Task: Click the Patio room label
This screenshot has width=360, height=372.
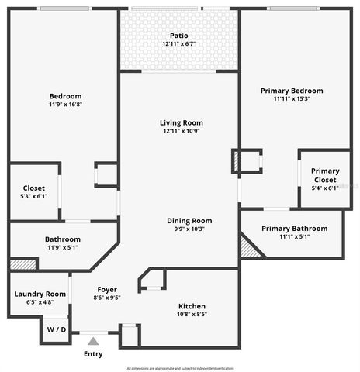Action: pos(179,36)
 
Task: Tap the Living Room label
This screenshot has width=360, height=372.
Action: pos(181,122)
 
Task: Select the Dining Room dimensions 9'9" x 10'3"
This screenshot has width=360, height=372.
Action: pos(190,229)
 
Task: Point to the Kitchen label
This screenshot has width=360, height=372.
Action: pos(192,306)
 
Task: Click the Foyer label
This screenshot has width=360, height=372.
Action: pos(107,288)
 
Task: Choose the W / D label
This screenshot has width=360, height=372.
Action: pos(57,329)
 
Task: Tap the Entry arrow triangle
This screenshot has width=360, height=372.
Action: pos(93,339)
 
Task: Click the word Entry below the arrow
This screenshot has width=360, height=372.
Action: pos(93,354)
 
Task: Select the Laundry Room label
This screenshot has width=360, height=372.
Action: pos(40,294)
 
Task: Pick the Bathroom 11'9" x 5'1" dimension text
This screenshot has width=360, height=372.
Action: pos(63,248)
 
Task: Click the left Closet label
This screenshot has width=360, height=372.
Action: pos(33,188)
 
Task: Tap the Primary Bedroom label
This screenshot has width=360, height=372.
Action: pos(292,91)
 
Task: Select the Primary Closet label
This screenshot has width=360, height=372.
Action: pos(324,175)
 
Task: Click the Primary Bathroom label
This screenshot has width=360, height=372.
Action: pos(294,229)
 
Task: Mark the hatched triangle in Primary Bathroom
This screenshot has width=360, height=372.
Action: pos(248,249)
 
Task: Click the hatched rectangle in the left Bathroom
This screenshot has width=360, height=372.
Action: pos(23,264)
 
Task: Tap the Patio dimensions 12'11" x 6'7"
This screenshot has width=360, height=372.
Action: pos(179,44)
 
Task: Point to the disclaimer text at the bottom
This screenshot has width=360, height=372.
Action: pos(180,368)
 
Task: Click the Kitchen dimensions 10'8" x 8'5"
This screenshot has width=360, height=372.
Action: pos(192,315)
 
